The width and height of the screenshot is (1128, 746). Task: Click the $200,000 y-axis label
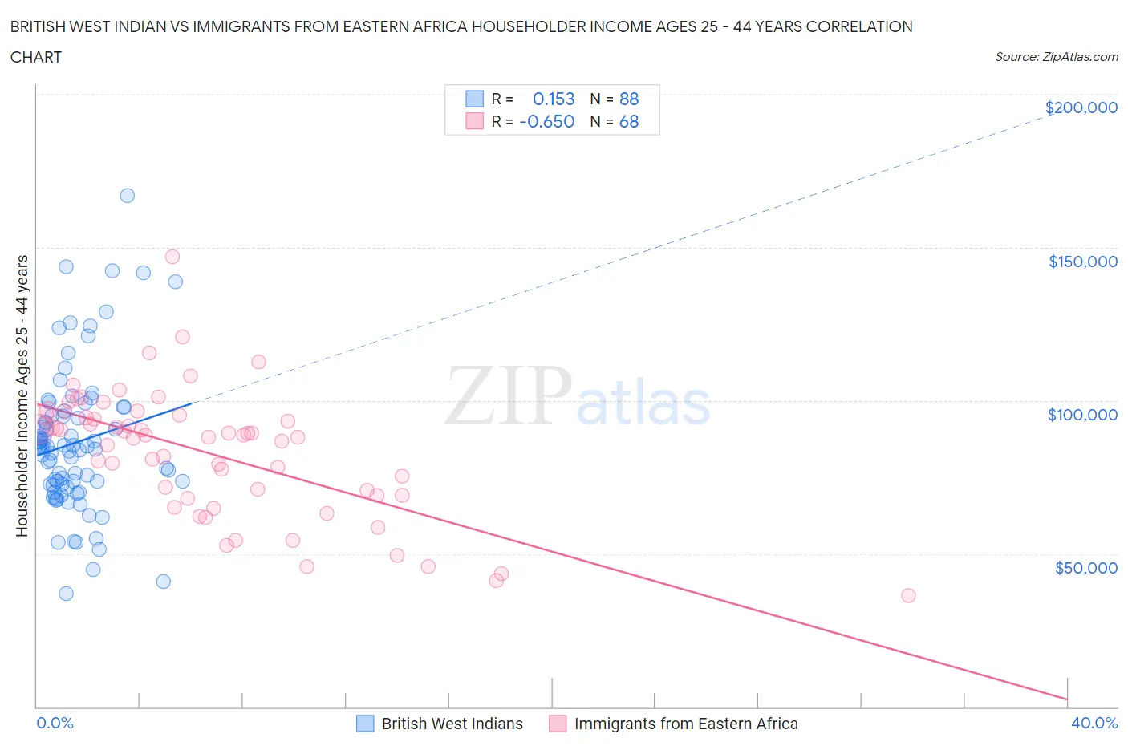tap(1081, 107)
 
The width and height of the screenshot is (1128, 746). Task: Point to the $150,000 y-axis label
tap(1082, 262)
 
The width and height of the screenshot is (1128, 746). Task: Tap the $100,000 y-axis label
tap(1082, 415)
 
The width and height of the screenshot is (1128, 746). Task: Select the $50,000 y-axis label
tap(1085, 568)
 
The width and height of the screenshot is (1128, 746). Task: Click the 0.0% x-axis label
tap(55, 723)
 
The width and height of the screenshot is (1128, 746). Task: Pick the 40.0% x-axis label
tap(1094, 723)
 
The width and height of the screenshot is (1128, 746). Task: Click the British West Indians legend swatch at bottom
tap(365, 724)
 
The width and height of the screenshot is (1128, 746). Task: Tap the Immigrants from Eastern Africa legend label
tap(686, 724)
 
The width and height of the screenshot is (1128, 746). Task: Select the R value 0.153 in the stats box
tap(554, 99)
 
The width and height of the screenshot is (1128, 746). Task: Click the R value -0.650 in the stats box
tap(547, 121)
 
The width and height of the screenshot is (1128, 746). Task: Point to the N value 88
tap(629, 99)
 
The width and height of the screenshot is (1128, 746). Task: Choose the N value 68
tap(629, 121)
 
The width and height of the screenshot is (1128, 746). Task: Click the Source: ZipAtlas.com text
tap(1056, 56)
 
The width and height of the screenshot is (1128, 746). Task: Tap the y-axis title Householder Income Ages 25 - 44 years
tap(22, 395)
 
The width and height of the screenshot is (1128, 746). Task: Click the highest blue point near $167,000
tap(127, 196)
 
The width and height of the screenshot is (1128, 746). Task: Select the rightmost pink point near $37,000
tap(908, 595)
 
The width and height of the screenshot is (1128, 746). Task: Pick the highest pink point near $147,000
tap(172, 257)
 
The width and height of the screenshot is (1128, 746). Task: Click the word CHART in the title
tap(36, 57)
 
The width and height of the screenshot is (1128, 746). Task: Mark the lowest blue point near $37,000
tap(66, 594)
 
